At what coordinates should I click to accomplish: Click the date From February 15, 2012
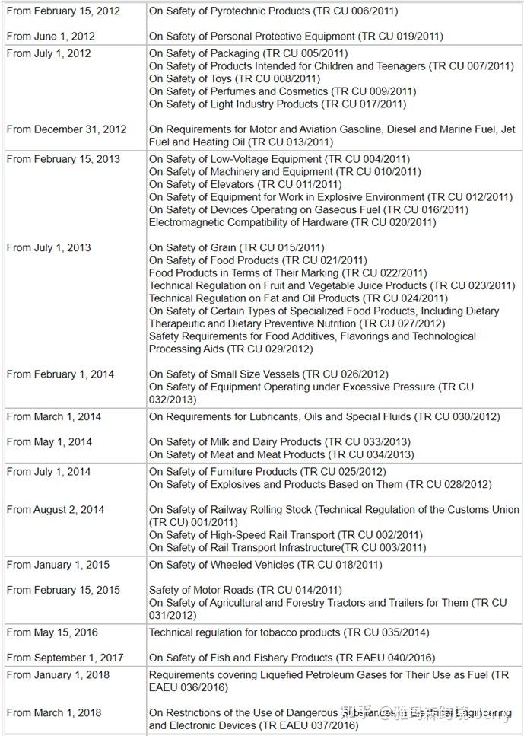pyautogui.click(x=63, y=11)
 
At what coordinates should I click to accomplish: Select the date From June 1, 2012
pyautogui.click(x=51, y=37)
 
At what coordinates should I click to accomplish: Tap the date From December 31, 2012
pyautogui.click(x=66, y=129)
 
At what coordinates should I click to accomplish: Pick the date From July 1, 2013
pyautogui.click(x=49, y=247)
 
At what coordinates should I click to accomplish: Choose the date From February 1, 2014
pyautogui.click(x=60, y=374)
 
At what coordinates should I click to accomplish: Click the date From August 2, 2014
pyautogui.click(x=56, y=509)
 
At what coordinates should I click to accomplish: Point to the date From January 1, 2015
pyautogui.click(x=58, y=565)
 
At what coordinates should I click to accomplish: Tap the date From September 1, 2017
pyautogui.click(x=65, y=658)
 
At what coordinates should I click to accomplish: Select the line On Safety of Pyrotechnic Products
pyautogui.click(x=273, y=11)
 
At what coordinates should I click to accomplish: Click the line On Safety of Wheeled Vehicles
pyautogui.click(x=265, y=565)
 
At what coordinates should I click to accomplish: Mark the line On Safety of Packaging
pyautogui.click(x=248, y=53)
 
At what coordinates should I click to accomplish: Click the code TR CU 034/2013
pyautogui.click(x=370, y=454)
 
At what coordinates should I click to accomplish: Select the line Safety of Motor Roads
pyautogui.click(x=246, y=590)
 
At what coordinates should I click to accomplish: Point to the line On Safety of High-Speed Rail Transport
pyautogui.click(x=285, y=535)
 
